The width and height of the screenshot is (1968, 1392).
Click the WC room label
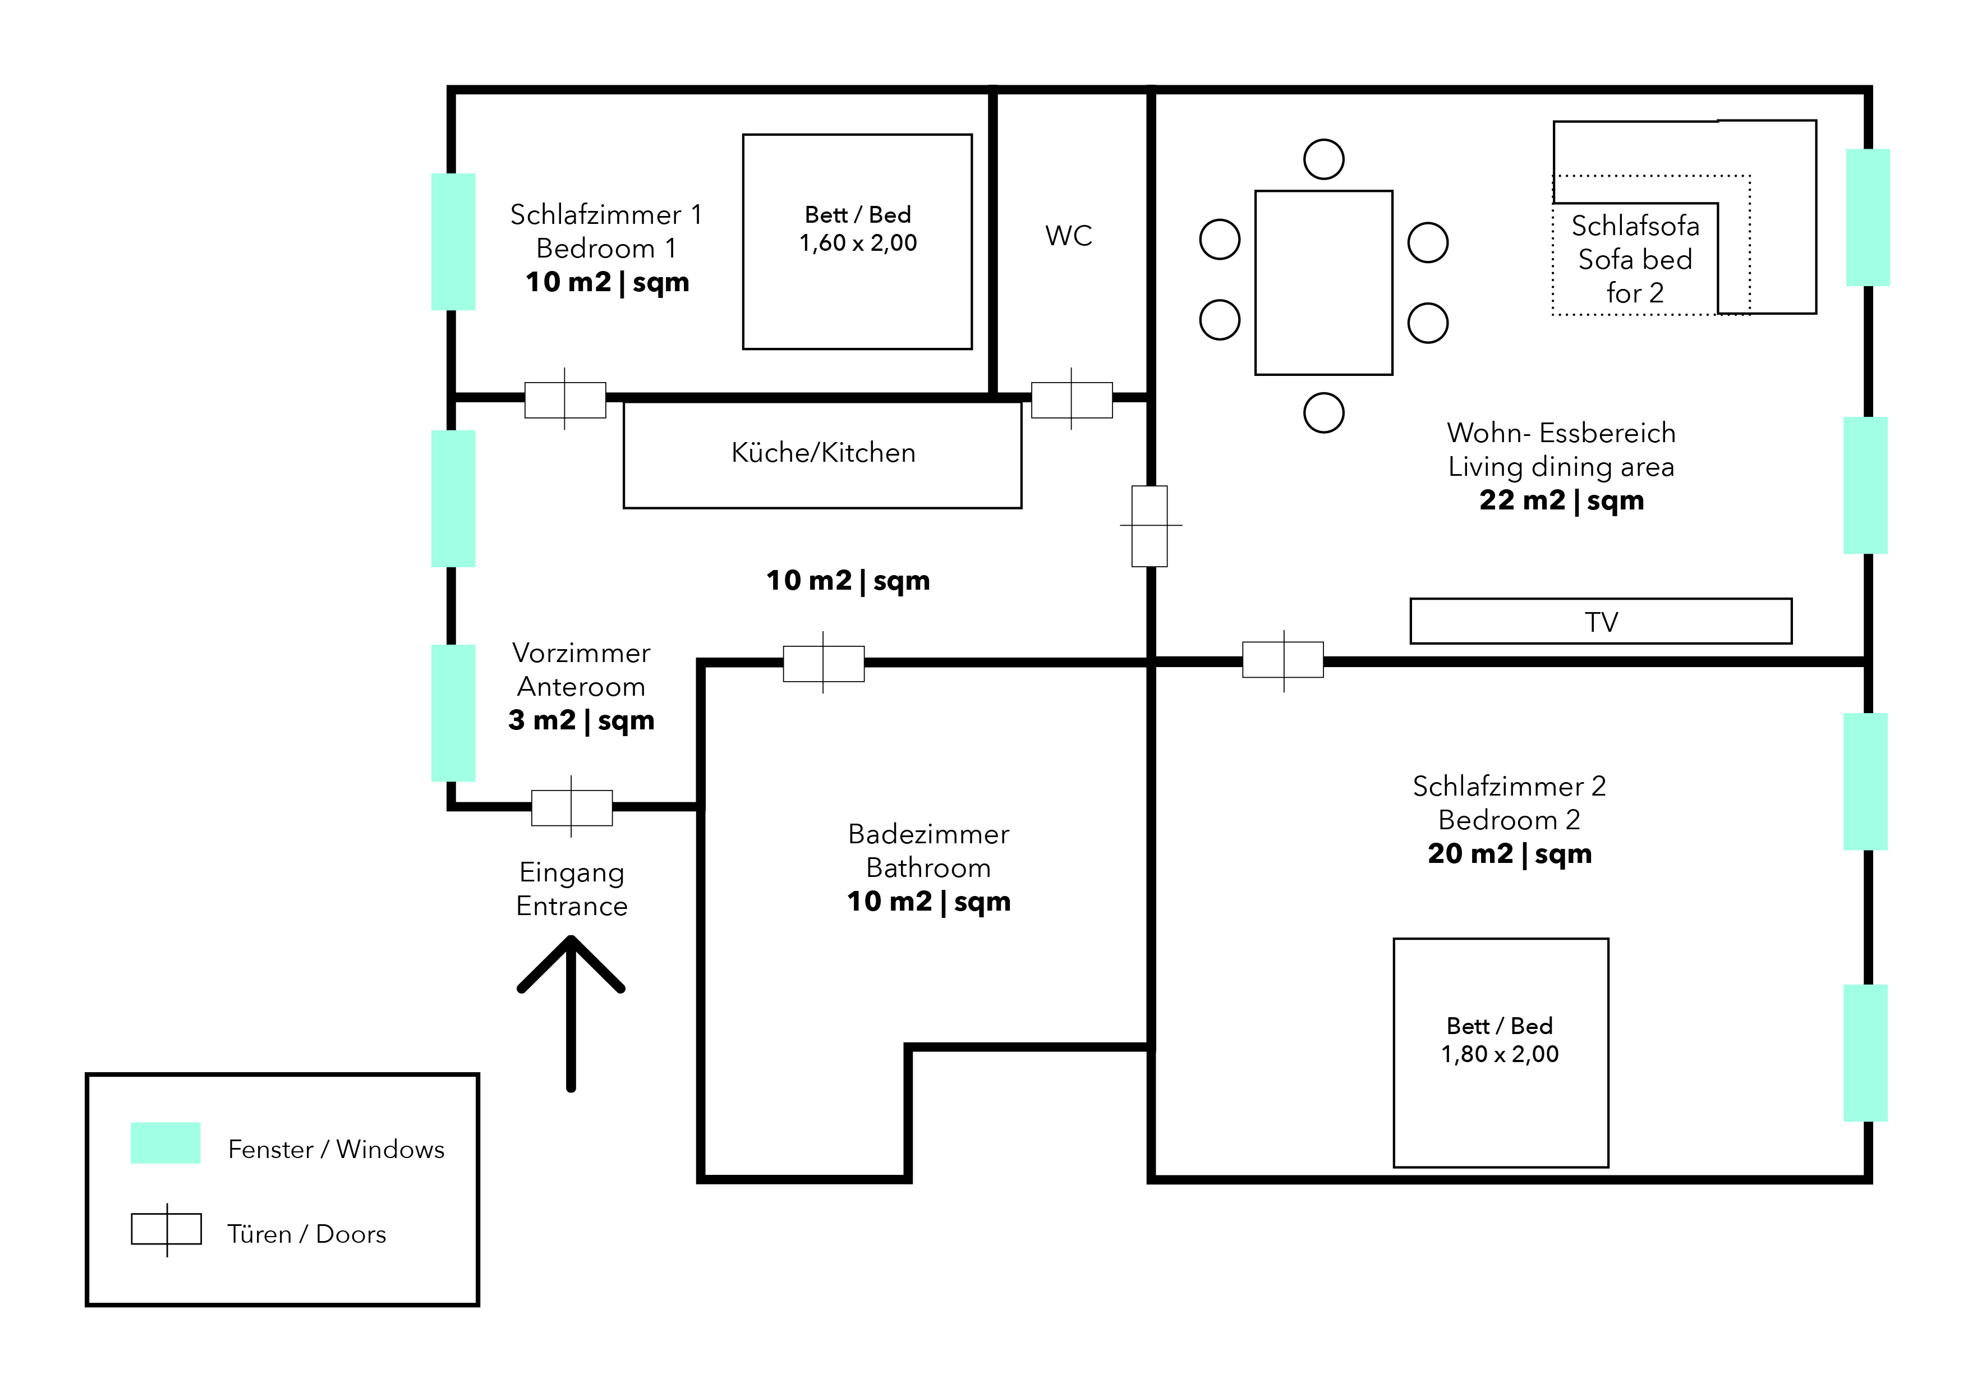(1068, 236)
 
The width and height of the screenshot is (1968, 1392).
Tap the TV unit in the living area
(1601, 621)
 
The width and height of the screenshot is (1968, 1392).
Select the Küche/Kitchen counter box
(822, 454)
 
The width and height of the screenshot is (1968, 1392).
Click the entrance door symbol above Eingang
(572, 807)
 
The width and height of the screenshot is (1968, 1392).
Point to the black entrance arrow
(571, 1013)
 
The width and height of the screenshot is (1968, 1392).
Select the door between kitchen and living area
(1150, 525)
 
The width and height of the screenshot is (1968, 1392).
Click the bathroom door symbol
(824, 663)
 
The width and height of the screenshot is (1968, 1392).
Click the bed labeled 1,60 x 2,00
(857, 242)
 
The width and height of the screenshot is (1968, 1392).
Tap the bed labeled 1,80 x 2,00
(1501, 1053)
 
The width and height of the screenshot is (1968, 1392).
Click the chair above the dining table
(1323, 159)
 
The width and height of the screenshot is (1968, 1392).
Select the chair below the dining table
(1323, 413)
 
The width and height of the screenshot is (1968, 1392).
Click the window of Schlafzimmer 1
(453, 242)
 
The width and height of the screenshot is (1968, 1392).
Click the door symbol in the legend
(166, 1229)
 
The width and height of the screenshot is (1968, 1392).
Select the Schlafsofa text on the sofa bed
(1635, 226)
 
